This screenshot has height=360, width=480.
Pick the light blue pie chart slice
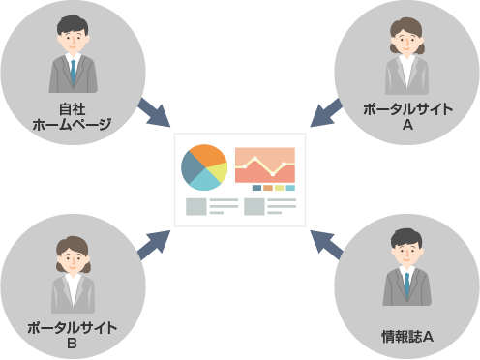coord(206,180)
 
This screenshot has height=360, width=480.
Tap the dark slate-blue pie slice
coord(190,167)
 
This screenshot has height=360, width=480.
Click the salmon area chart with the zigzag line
coord(264,165)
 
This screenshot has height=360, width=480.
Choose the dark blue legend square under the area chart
coord(256,188)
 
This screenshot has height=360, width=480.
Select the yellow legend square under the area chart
coord(279,188)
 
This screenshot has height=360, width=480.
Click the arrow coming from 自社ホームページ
coord(152,112)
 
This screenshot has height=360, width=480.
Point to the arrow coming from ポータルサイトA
coord(327,112)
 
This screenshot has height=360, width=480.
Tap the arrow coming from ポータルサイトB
coord(152,244)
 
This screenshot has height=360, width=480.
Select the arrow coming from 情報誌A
coord(328,244)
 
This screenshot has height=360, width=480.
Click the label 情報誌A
coord(406,336)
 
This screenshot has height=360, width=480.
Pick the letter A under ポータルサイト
coord(406,125)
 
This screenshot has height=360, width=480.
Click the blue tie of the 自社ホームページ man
coord(73,70)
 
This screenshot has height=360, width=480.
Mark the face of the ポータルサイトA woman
coord(406,42)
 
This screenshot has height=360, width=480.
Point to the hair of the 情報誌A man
coord(406,235)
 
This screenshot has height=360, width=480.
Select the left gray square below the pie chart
coord(195,206)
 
